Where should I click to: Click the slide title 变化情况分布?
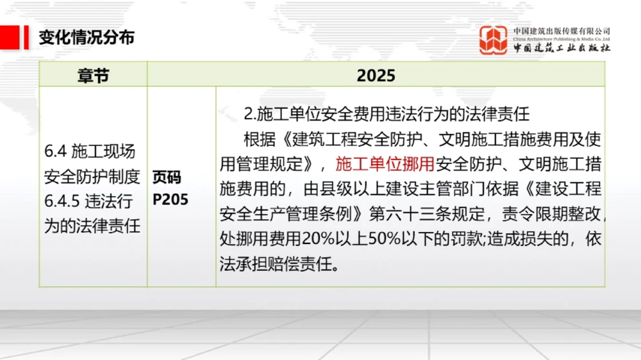(x=87, y=37)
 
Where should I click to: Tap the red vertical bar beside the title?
(x=26, y=37)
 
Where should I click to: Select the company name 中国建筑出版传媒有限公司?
(x=562, y=31)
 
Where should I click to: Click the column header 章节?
(x=93, y=75)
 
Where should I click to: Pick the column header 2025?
(x=376, y=75)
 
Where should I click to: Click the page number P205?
(x=171, y=199)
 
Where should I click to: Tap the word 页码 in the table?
(x=167, y=177)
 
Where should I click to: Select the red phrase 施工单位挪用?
(x=385, y=164)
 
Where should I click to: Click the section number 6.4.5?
(x=62, y=201)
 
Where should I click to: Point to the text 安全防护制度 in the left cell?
(x=92, y=176)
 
